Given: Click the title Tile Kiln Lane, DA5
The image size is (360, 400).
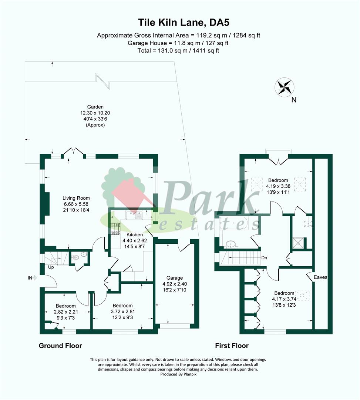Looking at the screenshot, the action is pyautogui.click(x=184, y=23).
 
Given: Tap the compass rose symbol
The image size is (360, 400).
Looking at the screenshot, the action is pyautogui.click(x=284, y=87).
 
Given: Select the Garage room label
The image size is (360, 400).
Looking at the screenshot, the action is pyautogui.click(x=175, y=278).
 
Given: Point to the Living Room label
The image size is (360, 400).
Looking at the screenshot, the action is pyautogui.click(x=76, y=198).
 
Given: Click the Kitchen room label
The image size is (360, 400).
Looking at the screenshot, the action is pyautogui.click(x=135, y=235).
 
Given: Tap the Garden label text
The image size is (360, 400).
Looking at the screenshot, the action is pyautogui.click(x=95, y=107).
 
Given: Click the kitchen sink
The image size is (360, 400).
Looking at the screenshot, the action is pyautogui.click(x=134, y=215).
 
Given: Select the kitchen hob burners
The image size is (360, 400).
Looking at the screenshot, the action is pyautogui.click(x=115, y=229).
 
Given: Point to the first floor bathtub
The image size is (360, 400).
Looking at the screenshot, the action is pyautogui.click(x=233, y=223).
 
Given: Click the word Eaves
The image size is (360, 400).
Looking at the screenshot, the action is pyautogui.click(x=320, y=277).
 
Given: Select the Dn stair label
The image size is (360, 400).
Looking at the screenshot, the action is pyautogui.click(x=264, y=258).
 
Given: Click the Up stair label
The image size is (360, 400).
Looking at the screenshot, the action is pyautogui.click(x=51, y=267).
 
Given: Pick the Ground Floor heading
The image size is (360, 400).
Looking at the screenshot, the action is pyautogui.click(x=60, y=346).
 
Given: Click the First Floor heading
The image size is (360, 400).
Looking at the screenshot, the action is pyautogui.click(x=232, y=346).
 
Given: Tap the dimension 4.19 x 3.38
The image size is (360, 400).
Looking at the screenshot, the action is pyautogui.click(x=278, y=186).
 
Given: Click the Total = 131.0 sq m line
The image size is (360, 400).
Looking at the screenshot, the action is pyautogui.click(x=178, y=50).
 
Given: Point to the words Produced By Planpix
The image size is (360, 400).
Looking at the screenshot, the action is pyautogui.click(x=178, y=374).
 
